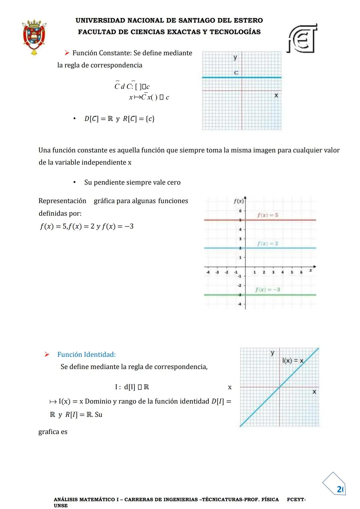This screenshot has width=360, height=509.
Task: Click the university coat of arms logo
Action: (x=34, y=37)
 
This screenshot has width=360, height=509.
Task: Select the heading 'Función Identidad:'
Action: (x=86, y=354)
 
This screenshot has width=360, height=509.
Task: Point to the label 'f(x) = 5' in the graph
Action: (x=268, y=215)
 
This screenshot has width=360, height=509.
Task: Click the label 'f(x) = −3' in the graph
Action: (x=268, y=289)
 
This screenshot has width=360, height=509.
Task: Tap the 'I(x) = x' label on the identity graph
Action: (x=293, y=360)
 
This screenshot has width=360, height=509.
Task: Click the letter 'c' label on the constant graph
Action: (x=236, y=73)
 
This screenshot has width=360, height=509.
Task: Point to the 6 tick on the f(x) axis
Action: (x=240, y=211)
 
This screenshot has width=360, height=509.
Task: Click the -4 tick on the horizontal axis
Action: (x=208, y=272)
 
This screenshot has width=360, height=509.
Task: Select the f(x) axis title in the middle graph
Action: (x=239, y=201)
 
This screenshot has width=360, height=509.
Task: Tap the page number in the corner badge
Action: (x=340, y=489)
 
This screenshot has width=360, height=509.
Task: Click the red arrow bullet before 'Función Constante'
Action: (x=67, y=53)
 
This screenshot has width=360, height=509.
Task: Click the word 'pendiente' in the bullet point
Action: (x=110, y=182)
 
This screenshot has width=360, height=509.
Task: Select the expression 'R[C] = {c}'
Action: (x=139, y=119)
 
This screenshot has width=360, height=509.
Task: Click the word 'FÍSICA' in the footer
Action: (x=270, y=499)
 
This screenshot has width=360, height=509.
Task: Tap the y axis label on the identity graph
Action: (x=272, y=353)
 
